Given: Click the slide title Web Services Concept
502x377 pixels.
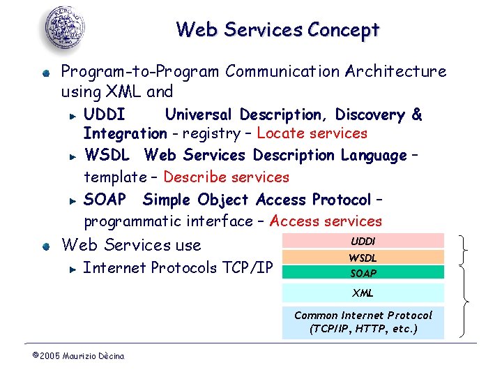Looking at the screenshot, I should tap(277, 30).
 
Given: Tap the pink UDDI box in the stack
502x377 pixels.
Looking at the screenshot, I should tap(363, 241).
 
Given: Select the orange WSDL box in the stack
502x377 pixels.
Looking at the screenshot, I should tap(363, 258).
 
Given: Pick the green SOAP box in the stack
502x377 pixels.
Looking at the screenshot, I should tap(363, 273).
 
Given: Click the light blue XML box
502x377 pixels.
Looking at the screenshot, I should tap(363, 293).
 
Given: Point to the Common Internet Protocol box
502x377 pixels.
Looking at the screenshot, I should tap(363, 322).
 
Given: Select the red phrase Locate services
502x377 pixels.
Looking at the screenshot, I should tap(312, 133).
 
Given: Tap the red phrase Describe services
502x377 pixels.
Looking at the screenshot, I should tap(226, 177).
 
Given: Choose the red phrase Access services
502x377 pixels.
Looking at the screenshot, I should tap(326, 221).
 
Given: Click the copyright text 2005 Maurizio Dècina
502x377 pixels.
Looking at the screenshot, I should tap(78, 356).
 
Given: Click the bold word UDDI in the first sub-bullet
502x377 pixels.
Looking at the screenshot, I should tap(105, 114).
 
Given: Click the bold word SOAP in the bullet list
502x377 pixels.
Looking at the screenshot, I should tap(105, 200).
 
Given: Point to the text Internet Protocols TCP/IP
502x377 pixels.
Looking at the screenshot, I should tap(178, 267).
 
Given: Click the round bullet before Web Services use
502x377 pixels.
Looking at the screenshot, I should tap(45, 246).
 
